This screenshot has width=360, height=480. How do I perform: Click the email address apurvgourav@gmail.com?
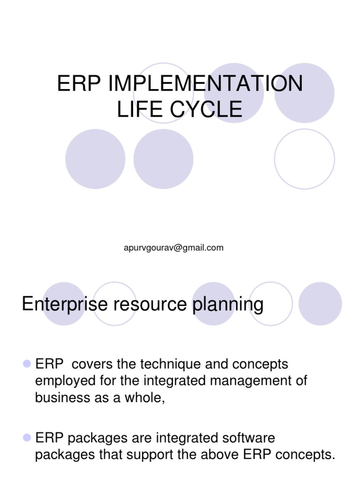pyautogui.click(x=173, y=248)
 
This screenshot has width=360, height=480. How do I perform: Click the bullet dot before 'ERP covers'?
pyautogui.click(x=26, y=364)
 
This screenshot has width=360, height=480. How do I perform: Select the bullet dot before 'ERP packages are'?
pyautogui.click(x=26, y=438)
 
